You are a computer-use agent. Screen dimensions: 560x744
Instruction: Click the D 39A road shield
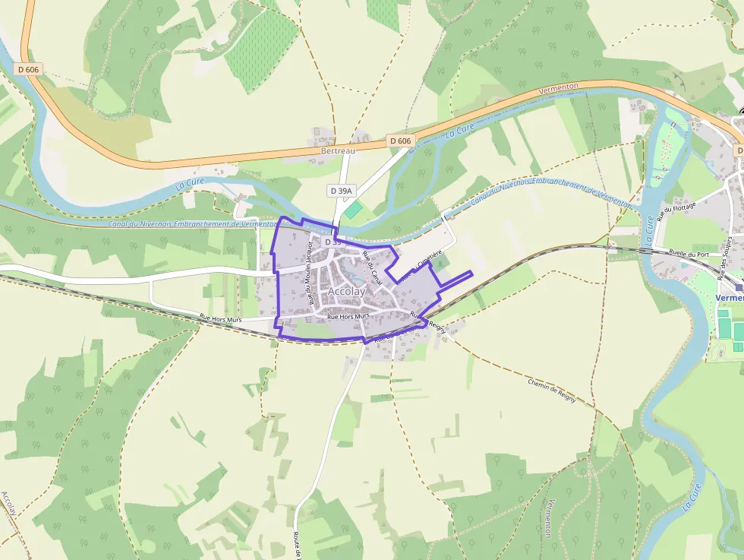point(343,190)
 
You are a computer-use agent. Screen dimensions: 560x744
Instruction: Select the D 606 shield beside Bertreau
point(399,141)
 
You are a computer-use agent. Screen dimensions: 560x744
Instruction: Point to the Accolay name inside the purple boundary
point(346,292)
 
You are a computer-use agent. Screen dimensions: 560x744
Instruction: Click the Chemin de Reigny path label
point(553,389)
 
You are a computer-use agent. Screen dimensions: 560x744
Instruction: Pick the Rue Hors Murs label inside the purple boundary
point(348,315)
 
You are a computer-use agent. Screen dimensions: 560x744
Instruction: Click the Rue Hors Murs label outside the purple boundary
point(220,320)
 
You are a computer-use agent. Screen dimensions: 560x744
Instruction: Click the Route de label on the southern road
point(298,546)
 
